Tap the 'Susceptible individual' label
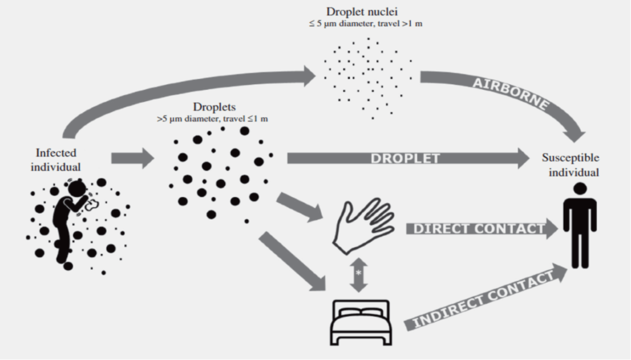coord(570,165)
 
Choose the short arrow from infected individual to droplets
coord(131,158)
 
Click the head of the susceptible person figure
coord(579,189)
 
